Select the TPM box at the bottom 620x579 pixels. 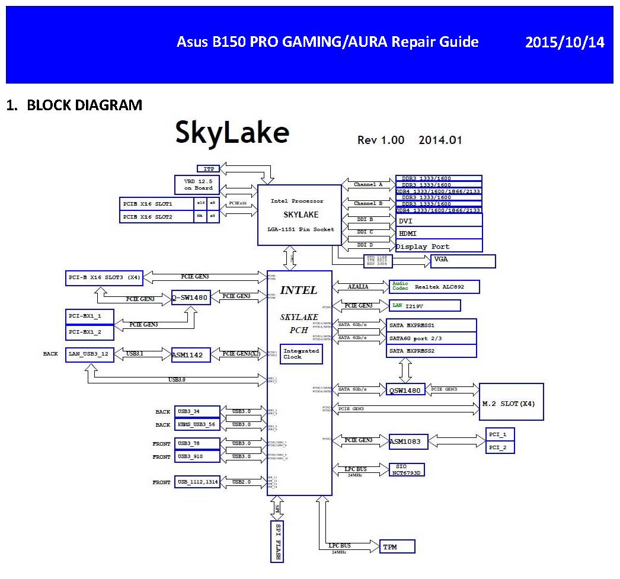[397, 546]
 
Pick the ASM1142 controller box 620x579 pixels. [191, 354]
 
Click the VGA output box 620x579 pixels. [463, 260]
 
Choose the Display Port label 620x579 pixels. [423, 247]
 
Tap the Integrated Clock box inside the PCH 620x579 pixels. [302, 354]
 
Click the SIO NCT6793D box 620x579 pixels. [407, 469]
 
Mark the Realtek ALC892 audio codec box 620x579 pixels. [433, 287]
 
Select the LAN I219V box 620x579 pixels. [424, 306]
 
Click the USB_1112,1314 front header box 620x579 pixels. [197, 482]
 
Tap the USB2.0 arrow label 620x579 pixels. [242, 482]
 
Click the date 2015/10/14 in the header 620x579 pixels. [565, 43]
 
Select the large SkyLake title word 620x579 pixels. [232, 133]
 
